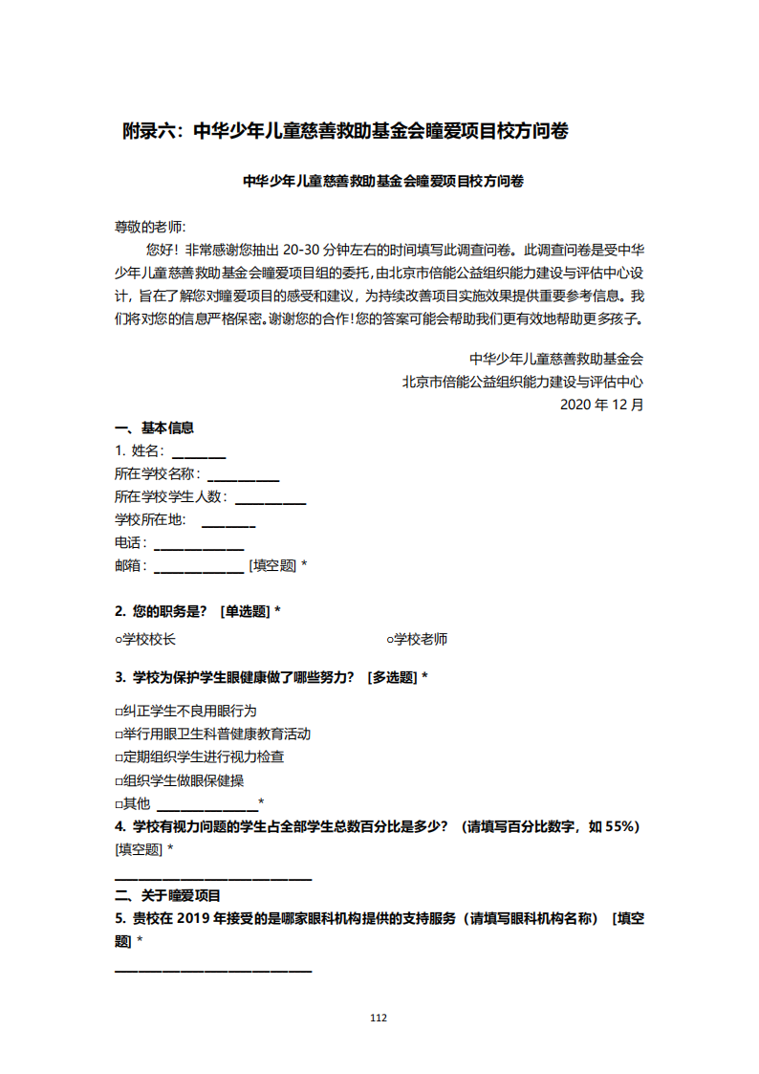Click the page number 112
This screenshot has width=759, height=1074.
click(x=379, y=1018)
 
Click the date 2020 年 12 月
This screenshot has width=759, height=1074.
click(x=601, y=405)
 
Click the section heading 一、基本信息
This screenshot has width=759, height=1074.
click(x=155, y=427)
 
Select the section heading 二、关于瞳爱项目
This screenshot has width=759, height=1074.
click(x=168, y=896)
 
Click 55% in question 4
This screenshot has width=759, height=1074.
click(x=621, y=826)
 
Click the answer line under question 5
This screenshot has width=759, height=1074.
click(x=213, y=971)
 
